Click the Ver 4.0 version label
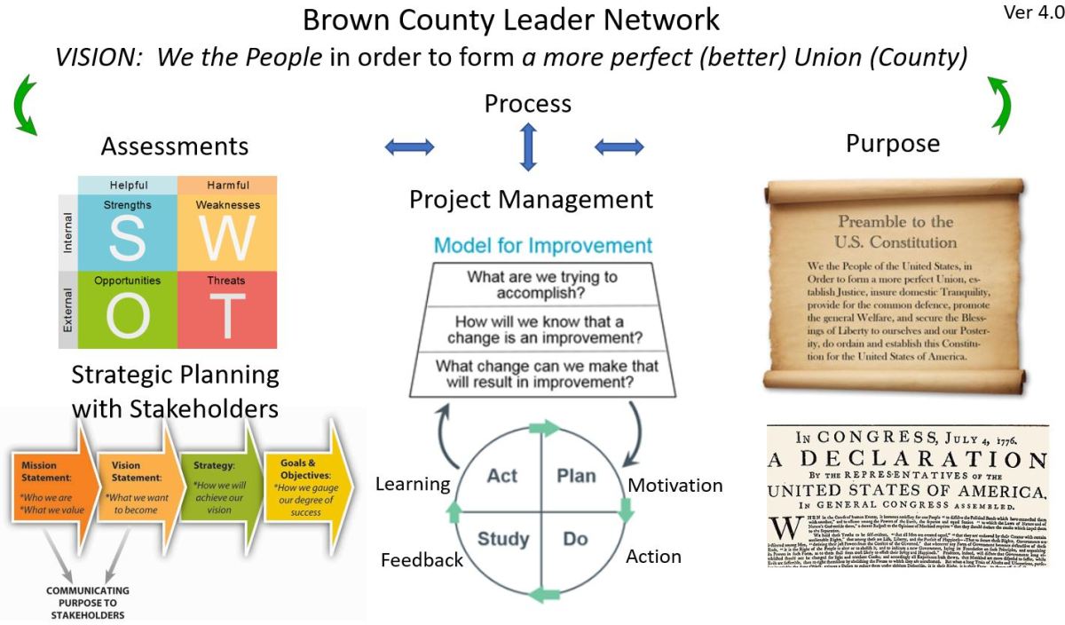(x=1033, y=13)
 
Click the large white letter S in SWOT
(x=128, y=238)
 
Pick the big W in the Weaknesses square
(x=226, y=238)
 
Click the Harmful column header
(x=227, y=186)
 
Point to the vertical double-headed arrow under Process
(x=528, y=146)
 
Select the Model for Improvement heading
(x=542, y=246)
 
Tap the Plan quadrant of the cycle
(x=576, y=476)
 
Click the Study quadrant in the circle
(x=503, y=538)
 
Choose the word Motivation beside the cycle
(x=674, y=486)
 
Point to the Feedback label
(x=422, y=560)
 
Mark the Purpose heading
(x=892, y=144)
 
